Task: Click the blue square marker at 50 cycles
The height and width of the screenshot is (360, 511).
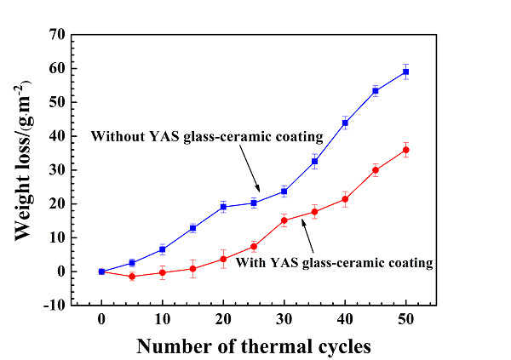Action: tap(406, 71)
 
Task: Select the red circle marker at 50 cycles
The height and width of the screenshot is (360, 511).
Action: tap(406, 150)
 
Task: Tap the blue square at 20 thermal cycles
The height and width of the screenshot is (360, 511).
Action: tap(223, 207)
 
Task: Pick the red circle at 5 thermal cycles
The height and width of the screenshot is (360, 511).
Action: tap(132, 277)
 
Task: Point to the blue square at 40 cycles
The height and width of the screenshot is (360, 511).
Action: tap(345, 123)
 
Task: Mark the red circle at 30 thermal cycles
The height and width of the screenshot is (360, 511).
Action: tap(284, 220)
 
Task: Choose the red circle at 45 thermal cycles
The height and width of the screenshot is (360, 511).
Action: tap(376, 170)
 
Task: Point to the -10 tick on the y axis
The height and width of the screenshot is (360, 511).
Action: tap(55, 306)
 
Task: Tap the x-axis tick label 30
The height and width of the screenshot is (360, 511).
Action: tap(284, 319)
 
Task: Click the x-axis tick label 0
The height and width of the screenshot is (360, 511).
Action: tap(101, 319)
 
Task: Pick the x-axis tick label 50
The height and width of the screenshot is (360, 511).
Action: tap(406, 319)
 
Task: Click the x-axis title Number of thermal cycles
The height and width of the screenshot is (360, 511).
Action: tap(254, 346)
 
